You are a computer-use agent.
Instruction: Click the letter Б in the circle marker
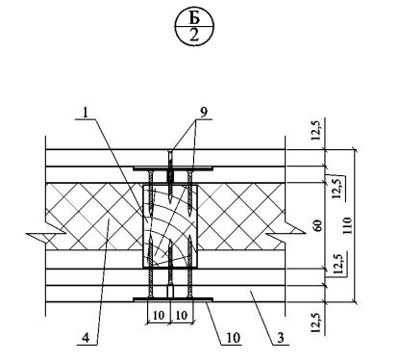click(x=194, y=18)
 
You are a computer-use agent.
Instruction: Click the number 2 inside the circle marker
click(x=194, y=36)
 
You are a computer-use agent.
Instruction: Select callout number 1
click(x=86, y=113)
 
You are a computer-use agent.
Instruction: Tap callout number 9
click(x=204, y=112)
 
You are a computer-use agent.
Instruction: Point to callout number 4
click(x=86, y=338)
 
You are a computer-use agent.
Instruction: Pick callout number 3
click(x=280, y=338)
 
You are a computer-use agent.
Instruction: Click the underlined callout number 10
click(x=234, y=338)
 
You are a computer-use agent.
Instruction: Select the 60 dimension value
click(x=318, y=225)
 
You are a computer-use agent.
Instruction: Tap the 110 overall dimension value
click(x=347, y=225)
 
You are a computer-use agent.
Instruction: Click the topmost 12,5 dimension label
click(x=316, y=131)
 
